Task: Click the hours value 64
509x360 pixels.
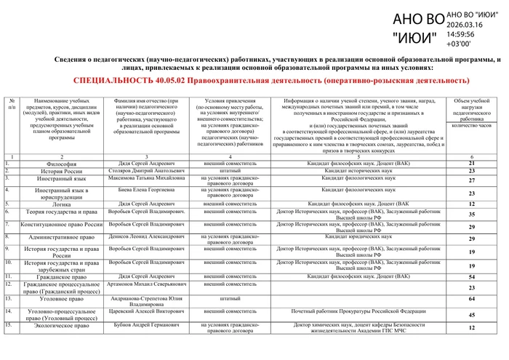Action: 471,299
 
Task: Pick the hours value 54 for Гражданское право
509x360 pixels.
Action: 471,277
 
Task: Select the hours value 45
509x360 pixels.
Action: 471,314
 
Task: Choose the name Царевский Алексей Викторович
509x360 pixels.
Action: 146,311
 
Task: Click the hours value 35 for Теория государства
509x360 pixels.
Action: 471,215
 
